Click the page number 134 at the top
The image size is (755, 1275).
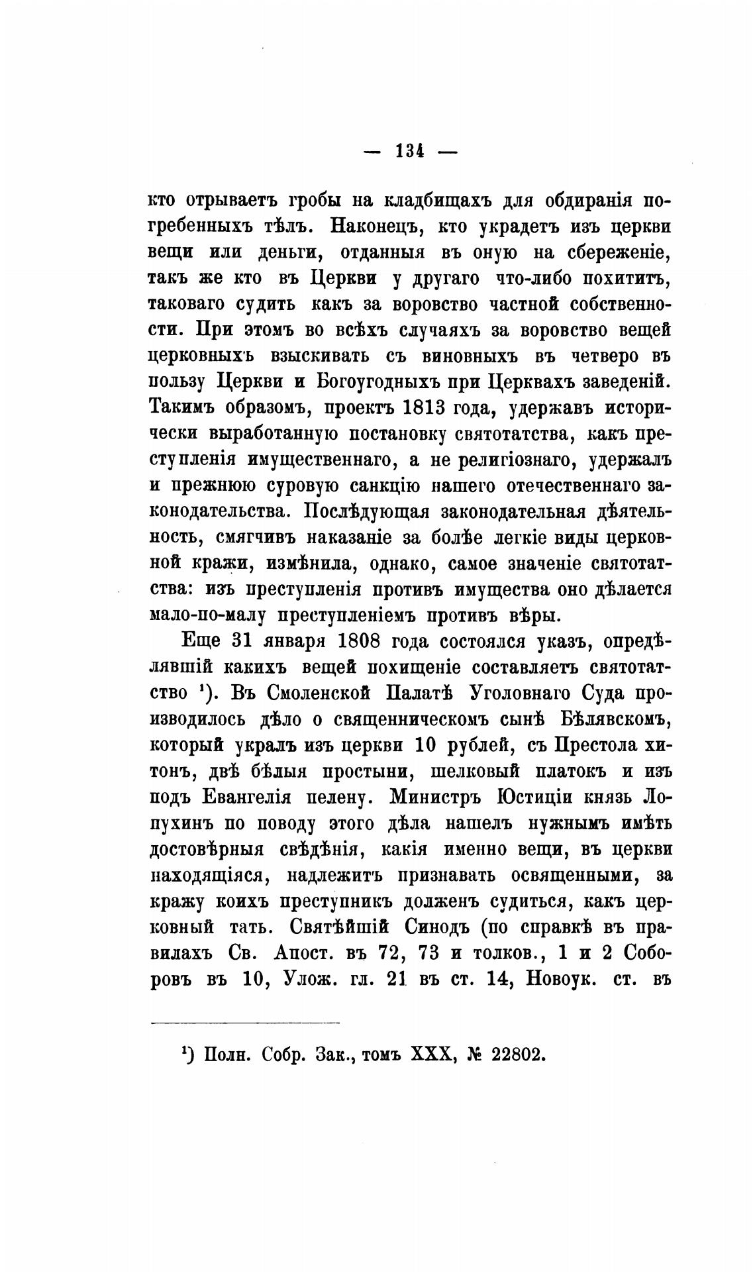pos(410,151)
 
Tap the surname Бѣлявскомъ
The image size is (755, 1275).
pos(605,718)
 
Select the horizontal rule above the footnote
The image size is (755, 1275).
pos(245,1023)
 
